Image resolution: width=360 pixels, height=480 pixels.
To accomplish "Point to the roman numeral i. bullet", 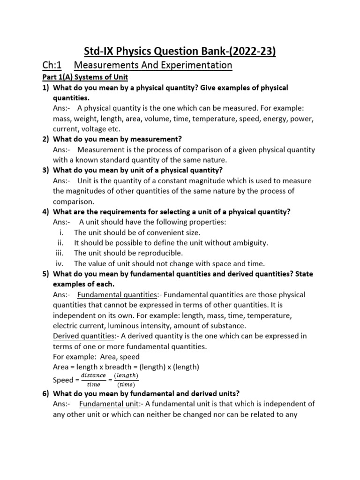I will [x=62, y=232].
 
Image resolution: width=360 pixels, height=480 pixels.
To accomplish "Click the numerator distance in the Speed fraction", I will [x=93, y=375].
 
